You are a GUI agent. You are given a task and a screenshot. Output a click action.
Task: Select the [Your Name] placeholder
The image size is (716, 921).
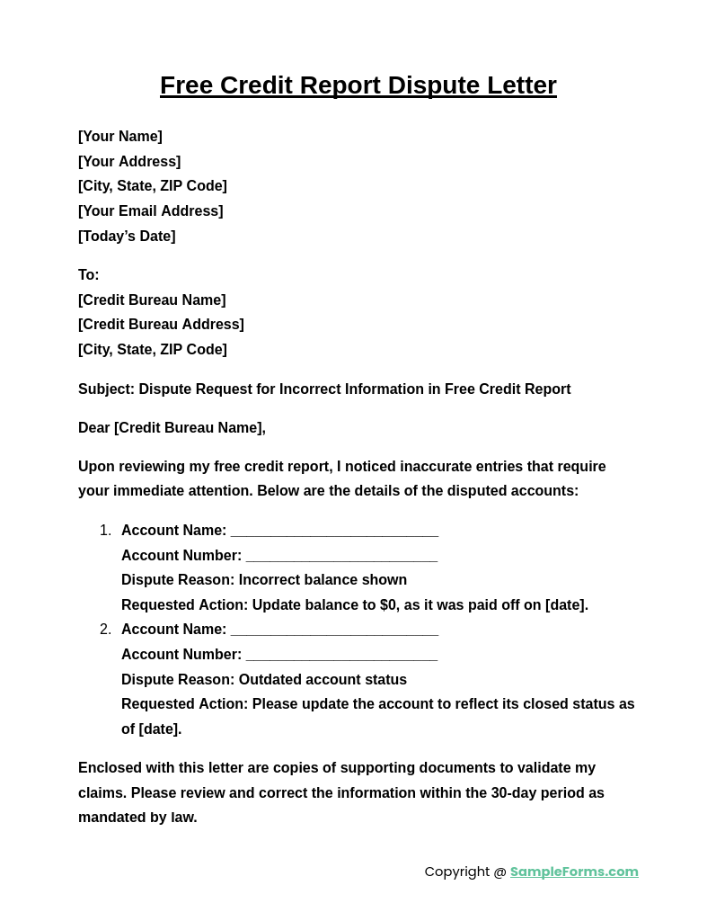pos(120,137)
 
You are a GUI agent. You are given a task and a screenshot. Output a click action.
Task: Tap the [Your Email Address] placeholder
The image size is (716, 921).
pos(151,211)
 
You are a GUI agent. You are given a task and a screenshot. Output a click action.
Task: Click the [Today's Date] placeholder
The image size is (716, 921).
pos(127,237)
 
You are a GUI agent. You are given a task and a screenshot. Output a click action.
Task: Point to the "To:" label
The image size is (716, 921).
pos(89,275)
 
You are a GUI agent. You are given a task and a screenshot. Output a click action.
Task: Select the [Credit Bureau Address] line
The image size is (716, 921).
pos(161,325)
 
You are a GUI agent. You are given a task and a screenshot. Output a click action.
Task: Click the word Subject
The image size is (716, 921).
pos(105,389)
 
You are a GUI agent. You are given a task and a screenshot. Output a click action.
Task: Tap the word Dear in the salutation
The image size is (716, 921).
pos(94,428)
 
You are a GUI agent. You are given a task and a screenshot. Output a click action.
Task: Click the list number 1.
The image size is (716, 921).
pos(105,531)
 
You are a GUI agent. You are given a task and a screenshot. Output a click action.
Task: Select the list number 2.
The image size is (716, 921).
pos(105,630)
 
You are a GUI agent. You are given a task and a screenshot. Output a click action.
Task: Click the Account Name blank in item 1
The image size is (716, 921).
pos(334,532)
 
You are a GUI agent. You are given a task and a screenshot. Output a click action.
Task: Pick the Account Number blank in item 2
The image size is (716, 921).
pos(341,656)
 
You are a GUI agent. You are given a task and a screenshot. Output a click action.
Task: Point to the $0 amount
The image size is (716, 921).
pos(388,605)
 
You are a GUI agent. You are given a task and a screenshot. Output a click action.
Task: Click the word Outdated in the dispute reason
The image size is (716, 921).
pos(271,680)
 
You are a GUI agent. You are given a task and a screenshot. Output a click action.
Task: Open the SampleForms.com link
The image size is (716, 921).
pos(574,872)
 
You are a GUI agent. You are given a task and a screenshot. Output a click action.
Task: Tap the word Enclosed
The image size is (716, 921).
pos(110,768)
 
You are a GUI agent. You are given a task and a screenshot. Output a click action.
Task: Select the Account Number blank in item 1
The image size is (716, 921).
pos(341,557)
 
